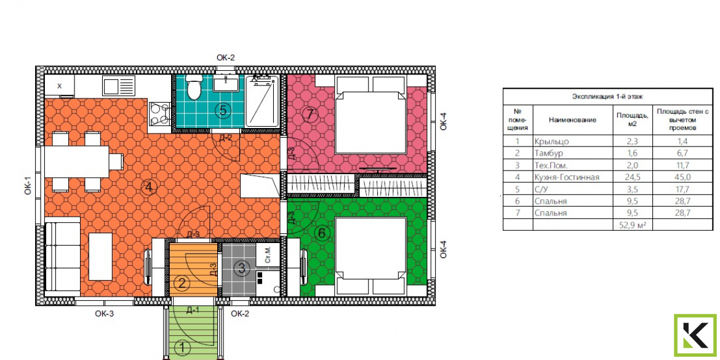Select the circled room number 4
pyautogui.click(x=150, y=187)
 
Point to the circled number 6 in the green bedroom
pyautogui.click(x=322, y=233)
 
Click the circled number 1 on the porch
pyautogui.click(x=183, y=347)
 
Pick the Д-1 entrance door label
pyautogui.click(x=193, y=310)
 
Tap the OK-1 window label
pyautogui.click(x=28, y=185)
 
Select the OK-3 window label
pyautogui.click(x=104, y=314)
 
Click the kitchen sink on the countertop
pyautogui.click(x=119, y=86)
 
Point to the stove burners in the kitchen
pyautogui.click(x=159, y=113)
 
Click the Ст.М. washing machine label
pyautogui.click(x=268, y=254)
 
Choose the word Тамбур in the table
pyautogui.click(x=549, y=153)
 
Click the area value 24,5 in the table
pyautogui.click(x=632, y=177)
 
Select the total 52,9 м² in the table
pyautogui.click(x=632, y=225)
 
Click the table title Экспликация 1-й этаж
pyautogui.click(x=607, y=97)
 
